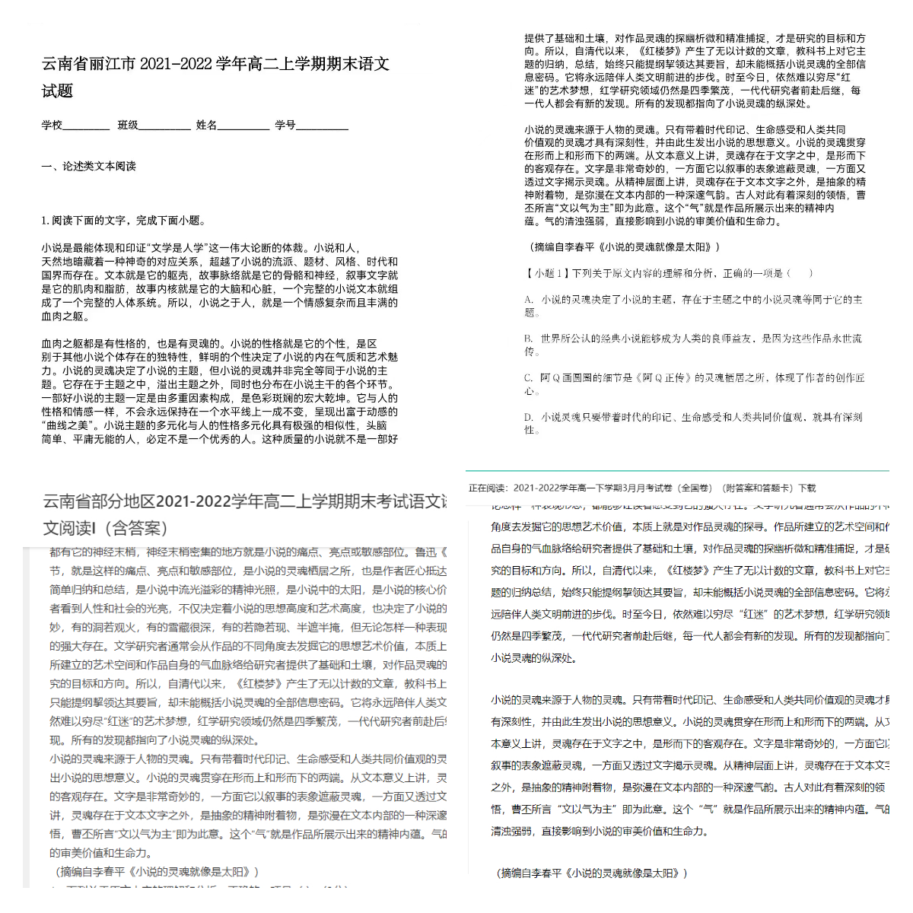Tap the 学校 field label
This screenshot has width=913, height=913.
(52, 125)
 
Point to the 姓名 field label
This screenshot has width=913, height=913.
(206, 125)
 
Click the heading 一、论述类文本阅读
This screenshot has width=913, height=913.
(89, 166)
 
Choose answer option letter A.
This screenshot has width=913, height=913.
(528, 300)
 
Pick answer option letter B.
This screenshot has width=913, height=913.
(528, 339)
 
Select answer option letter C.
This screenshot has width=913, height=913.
(528, 377)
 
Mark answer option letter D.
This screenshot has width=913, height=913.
(528, 417)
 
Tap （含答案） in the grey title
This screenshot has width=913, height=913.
(132, 528)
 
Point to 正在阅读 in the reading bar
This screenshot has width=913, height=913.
(487, 488)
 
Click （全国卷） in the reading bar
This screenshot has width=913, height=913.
(695, 488)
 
